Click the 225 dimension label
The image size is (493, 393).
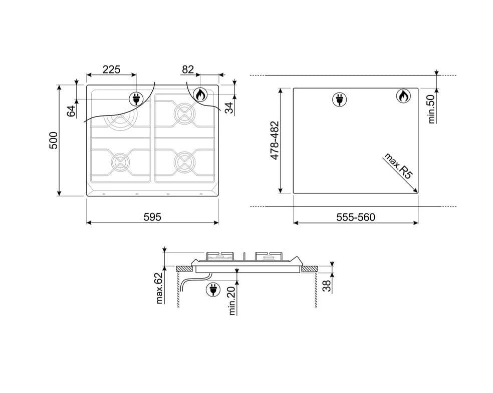coord(111,69)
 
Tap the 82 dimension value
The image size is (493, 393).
coord(188,69)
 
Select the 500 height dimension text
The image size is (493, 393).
coord(54,140)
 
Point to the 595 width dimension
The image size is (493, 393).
coord(152,217)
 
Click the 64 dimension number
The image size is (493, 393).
coord(71,111)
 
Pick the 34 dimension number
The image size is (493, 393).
coord(230,107)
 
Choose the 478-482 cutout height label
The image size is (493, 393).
coord(275,140)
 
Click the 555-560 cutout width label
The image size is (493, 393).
coord(356,217)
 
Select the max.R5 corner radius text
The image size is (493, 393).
coord(398,166)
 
